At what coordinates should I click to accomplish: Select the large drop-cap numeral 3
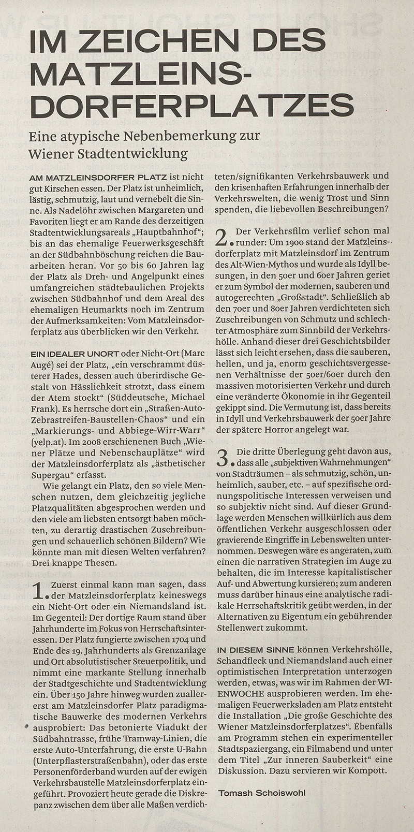[221, 458]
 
